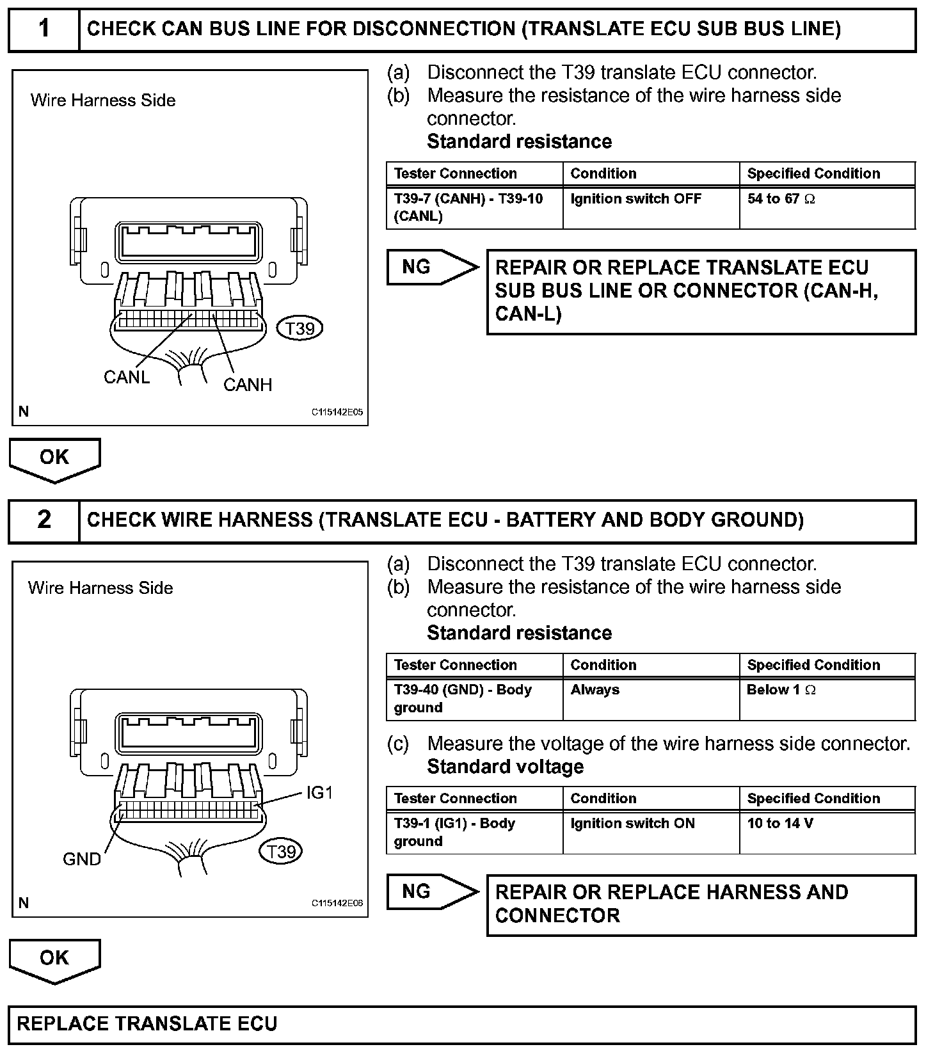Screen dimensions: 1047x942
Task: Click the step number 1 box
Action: click(x=44, y=29)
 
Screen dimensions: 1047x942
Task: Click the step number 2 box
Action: click(x=44, y=520)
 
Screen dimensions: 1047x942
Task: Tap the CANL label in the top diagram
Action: click(x=126, y=378)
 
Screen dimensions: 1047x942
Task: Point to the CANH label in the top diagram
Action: click(x=248, y=385)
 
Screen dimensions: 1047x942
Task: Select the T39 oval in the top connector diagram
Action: click(x=299, y=328)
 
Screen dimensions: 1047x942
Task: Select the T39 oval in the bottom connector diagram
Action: click(x=281, y=852)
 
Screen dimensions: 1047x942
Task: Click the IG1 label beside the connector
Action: click(x=319, y=793)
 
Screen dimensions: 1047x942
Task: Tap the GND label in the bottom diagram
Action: click(x=82, y=859)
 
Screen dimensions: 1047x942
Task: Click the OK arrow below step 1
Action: click(x=54, y=458)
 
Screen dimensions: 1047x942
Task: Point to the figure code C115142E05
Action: click(x=337, y=412)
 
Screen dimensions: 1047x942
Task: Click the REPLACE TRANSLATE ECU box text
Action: click(x=147, y=1023)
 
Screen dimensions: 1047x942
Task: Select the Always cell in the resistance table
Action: click(x=595, y=690)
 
